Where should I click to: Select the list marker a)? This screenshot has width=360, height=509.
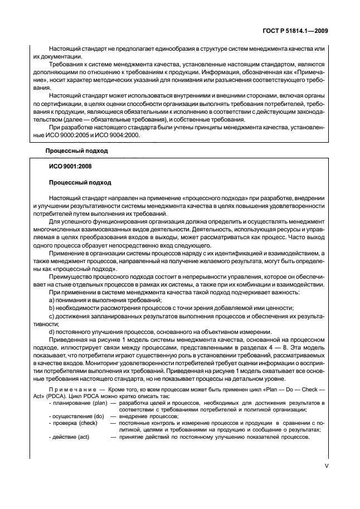coord(52,300)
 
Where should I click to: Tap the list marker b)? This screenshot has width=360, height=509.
coord(52,308)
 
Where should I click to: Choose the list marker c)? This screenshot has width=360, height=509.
coord(52,316)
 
